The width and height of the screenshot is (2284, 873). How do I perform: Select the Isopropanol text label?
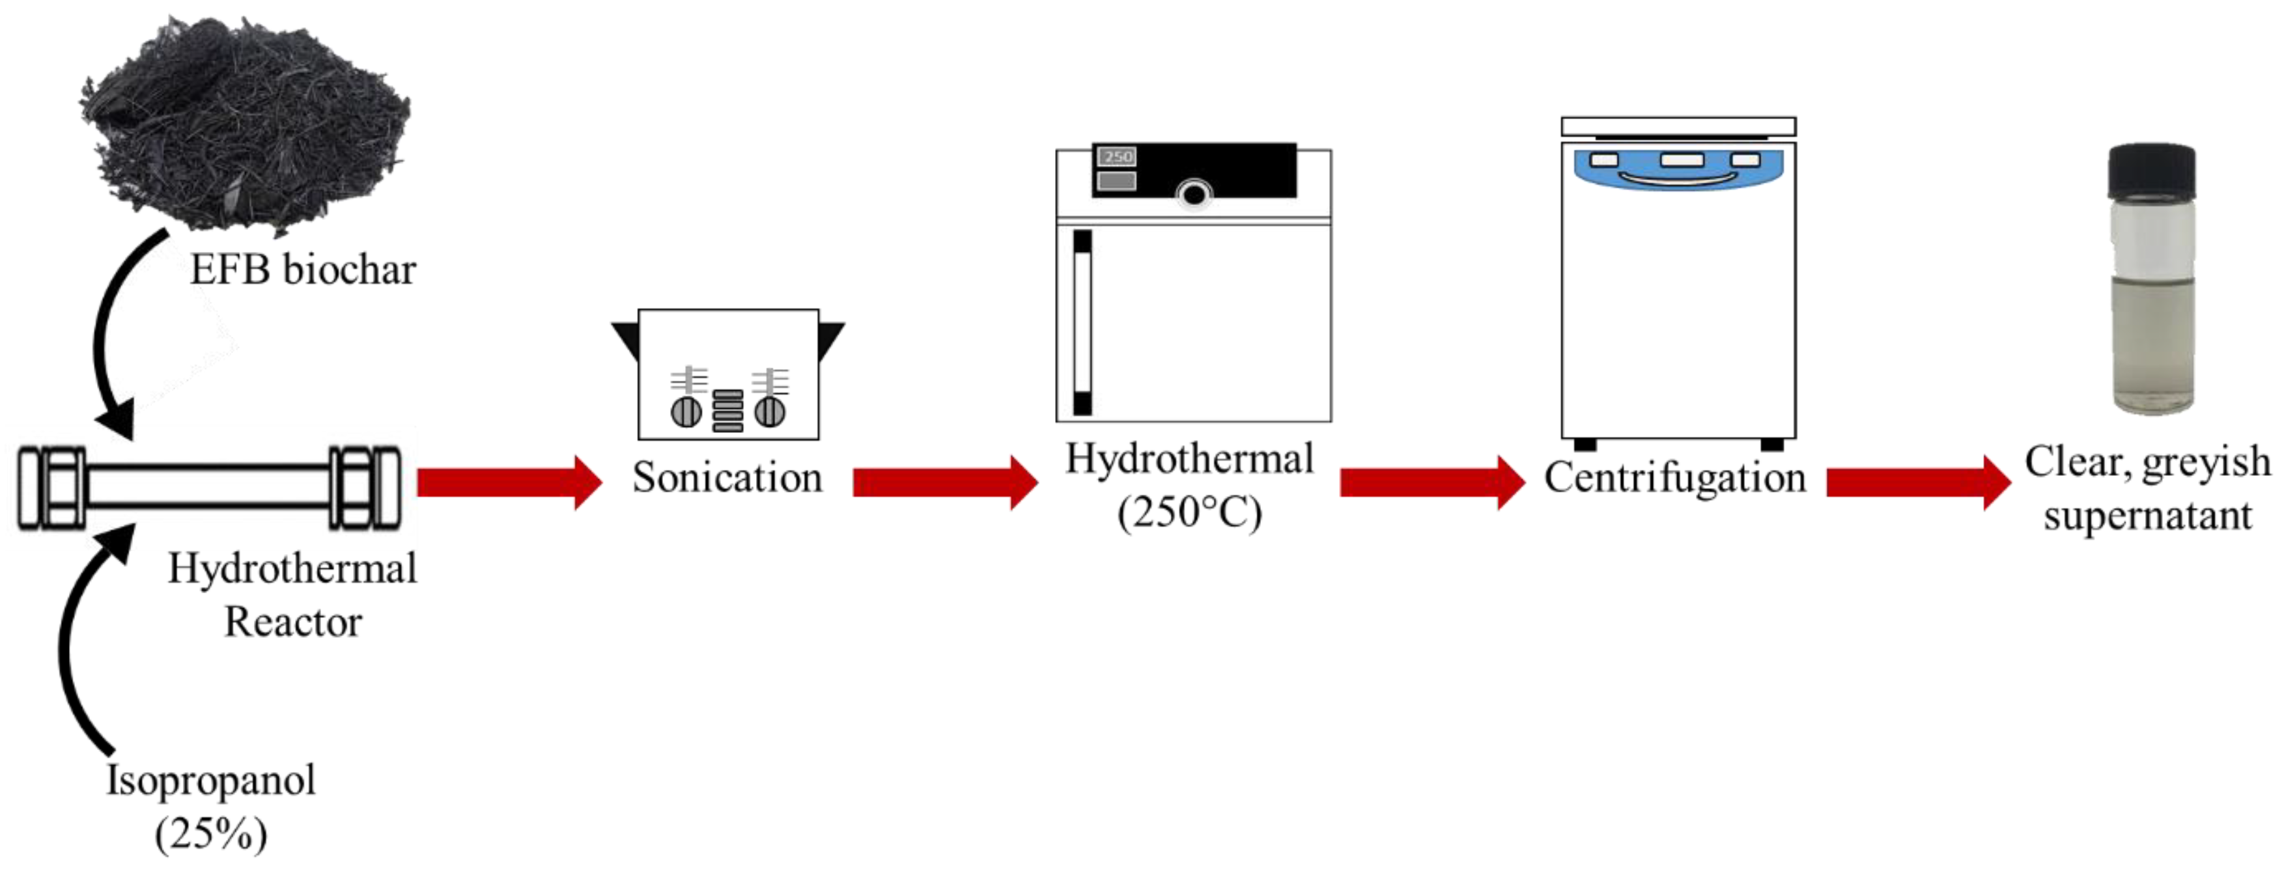211,780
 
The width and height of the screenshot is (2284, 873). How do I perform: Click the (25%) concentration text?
211,833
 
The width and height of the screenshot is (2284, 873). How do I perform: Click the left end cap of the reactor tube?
51,488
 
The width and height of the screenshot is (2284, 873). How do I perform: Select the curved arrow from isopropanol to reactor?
76,638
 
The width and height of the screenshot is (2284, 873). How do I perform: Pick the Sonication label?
727,478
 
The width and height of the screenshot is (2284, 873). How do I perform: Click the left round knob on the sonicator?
685,412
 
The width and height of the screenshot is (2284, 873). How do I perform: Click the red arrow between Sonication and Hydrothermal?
944,483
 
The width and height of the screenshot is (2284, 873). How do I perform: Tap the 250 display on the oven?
1117,157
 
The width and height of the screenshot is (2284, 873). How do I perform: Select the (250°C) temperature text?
1189,512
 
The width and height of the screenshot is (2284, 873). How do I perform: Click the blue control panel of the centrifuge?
1678,169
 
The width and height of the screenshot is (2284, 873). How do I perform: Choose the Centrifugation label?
1675,478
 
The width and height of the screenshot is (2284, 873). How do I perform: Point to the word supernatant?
2147,516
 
